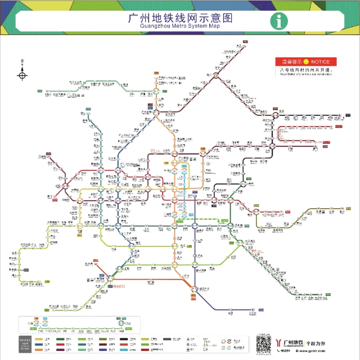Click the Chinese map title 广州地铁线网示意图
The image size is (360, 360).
[180, 17]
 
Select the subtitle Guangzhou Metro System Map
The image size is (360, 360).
[180, 26]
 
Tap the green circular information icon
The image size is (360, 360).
[278, 21]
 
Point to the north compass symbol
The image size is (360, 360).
[22, 73]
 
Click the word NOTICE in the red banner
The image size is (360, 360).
[323, 61]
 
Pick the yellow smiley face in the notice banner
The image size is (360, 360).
[306, 61]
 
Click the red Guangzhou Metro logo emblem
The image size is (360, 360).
[280, 341]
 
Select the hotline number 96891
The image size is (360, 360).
[285, 350]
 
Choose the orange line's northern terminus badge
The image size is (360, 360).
[157, 74]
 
